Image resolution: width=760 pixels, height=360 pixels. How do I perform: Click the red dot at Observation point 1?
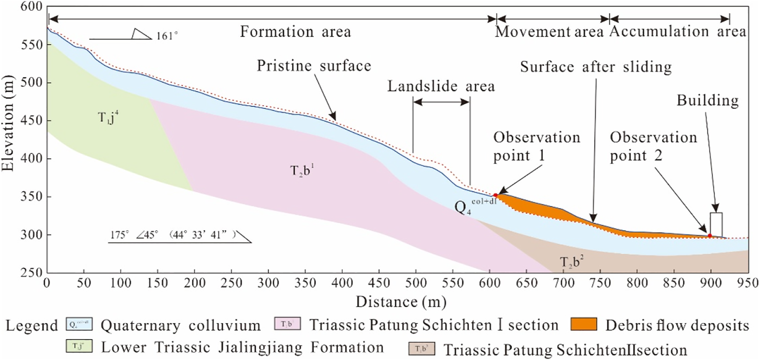pos(496,195)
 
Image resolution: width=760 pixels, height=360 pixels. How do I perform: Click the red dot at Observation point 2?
pos(710,236)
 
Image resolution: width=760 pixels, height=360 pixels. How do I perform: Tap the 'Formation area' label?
pos(296,32)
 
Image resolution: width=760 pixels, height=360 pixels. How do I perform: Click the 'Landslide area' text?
pos(442,86)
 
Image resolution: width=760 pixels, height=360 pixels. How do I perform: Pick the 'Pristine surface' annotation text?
pos(314,67)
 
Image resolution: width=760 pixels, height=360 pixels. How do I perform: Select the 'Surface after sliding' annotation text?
pos(595,67)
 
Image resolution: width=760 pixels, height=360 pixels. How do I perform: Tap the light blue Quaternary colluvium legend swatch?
pos(78,325)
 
